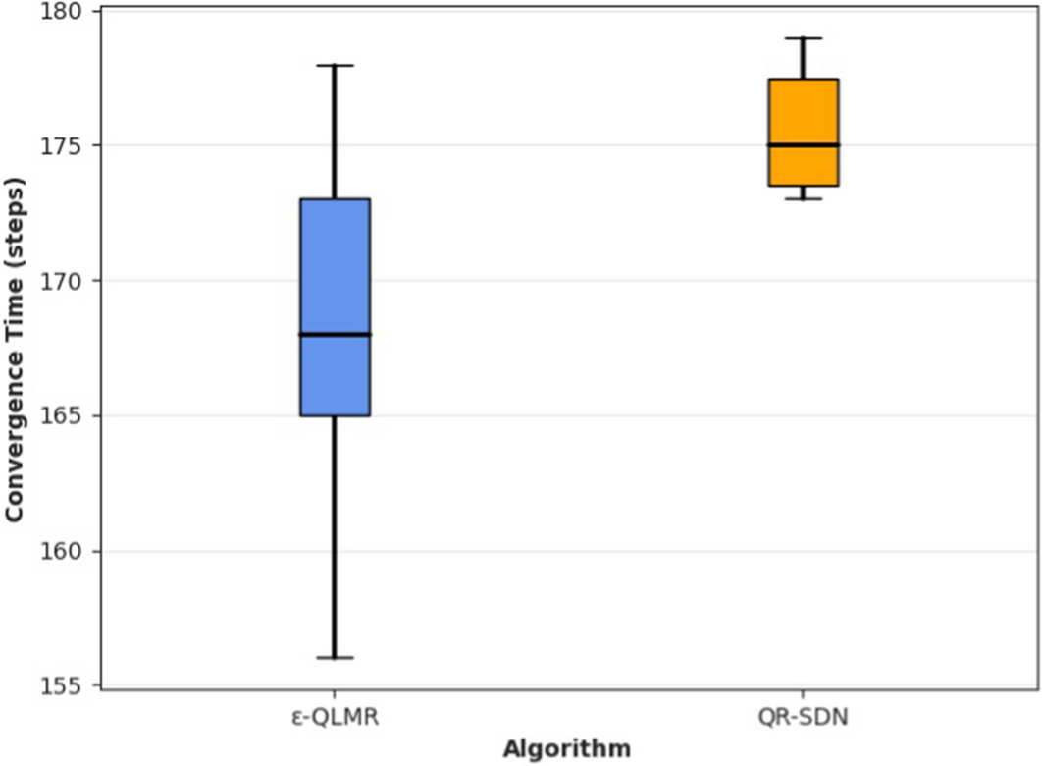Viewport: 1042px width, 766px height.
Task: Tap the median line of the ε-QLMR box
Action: (335, 335)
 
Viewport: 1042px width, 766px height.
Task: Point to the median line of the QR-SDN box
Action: (803, 145)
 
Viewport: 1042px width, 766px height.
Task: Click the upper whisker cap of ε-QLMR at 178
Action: (335, 65)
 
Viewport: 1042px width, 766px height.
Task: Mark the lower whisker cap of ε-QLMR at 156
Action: (335, 657)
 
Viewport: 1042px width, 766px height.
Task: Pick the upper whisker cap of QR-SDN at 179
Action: (803, 38)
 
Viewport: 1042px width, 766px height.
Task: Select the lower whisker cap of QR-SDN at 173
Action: (803, 198)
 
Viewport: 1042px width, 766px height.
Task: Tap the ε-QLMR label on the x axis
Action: (335, 718)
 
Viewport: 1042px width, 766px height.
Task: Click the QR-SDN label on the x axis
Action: (803, 718)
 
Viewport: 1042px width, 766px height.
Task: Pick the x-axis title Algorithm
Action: (567, 749)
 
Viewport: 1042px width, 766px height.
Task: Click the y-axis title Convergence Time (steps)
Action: (16, 351)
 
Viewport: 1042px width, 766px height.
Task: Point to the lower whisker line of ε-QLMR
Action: (335, 535)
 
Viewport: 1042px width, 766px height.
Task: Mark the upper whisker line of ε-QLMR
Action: (335, 133)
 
